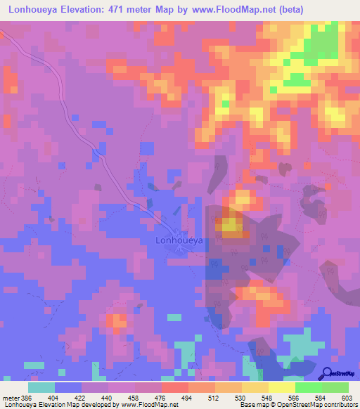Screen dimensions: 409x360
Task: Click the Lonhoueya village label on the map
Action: (178, 240)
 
